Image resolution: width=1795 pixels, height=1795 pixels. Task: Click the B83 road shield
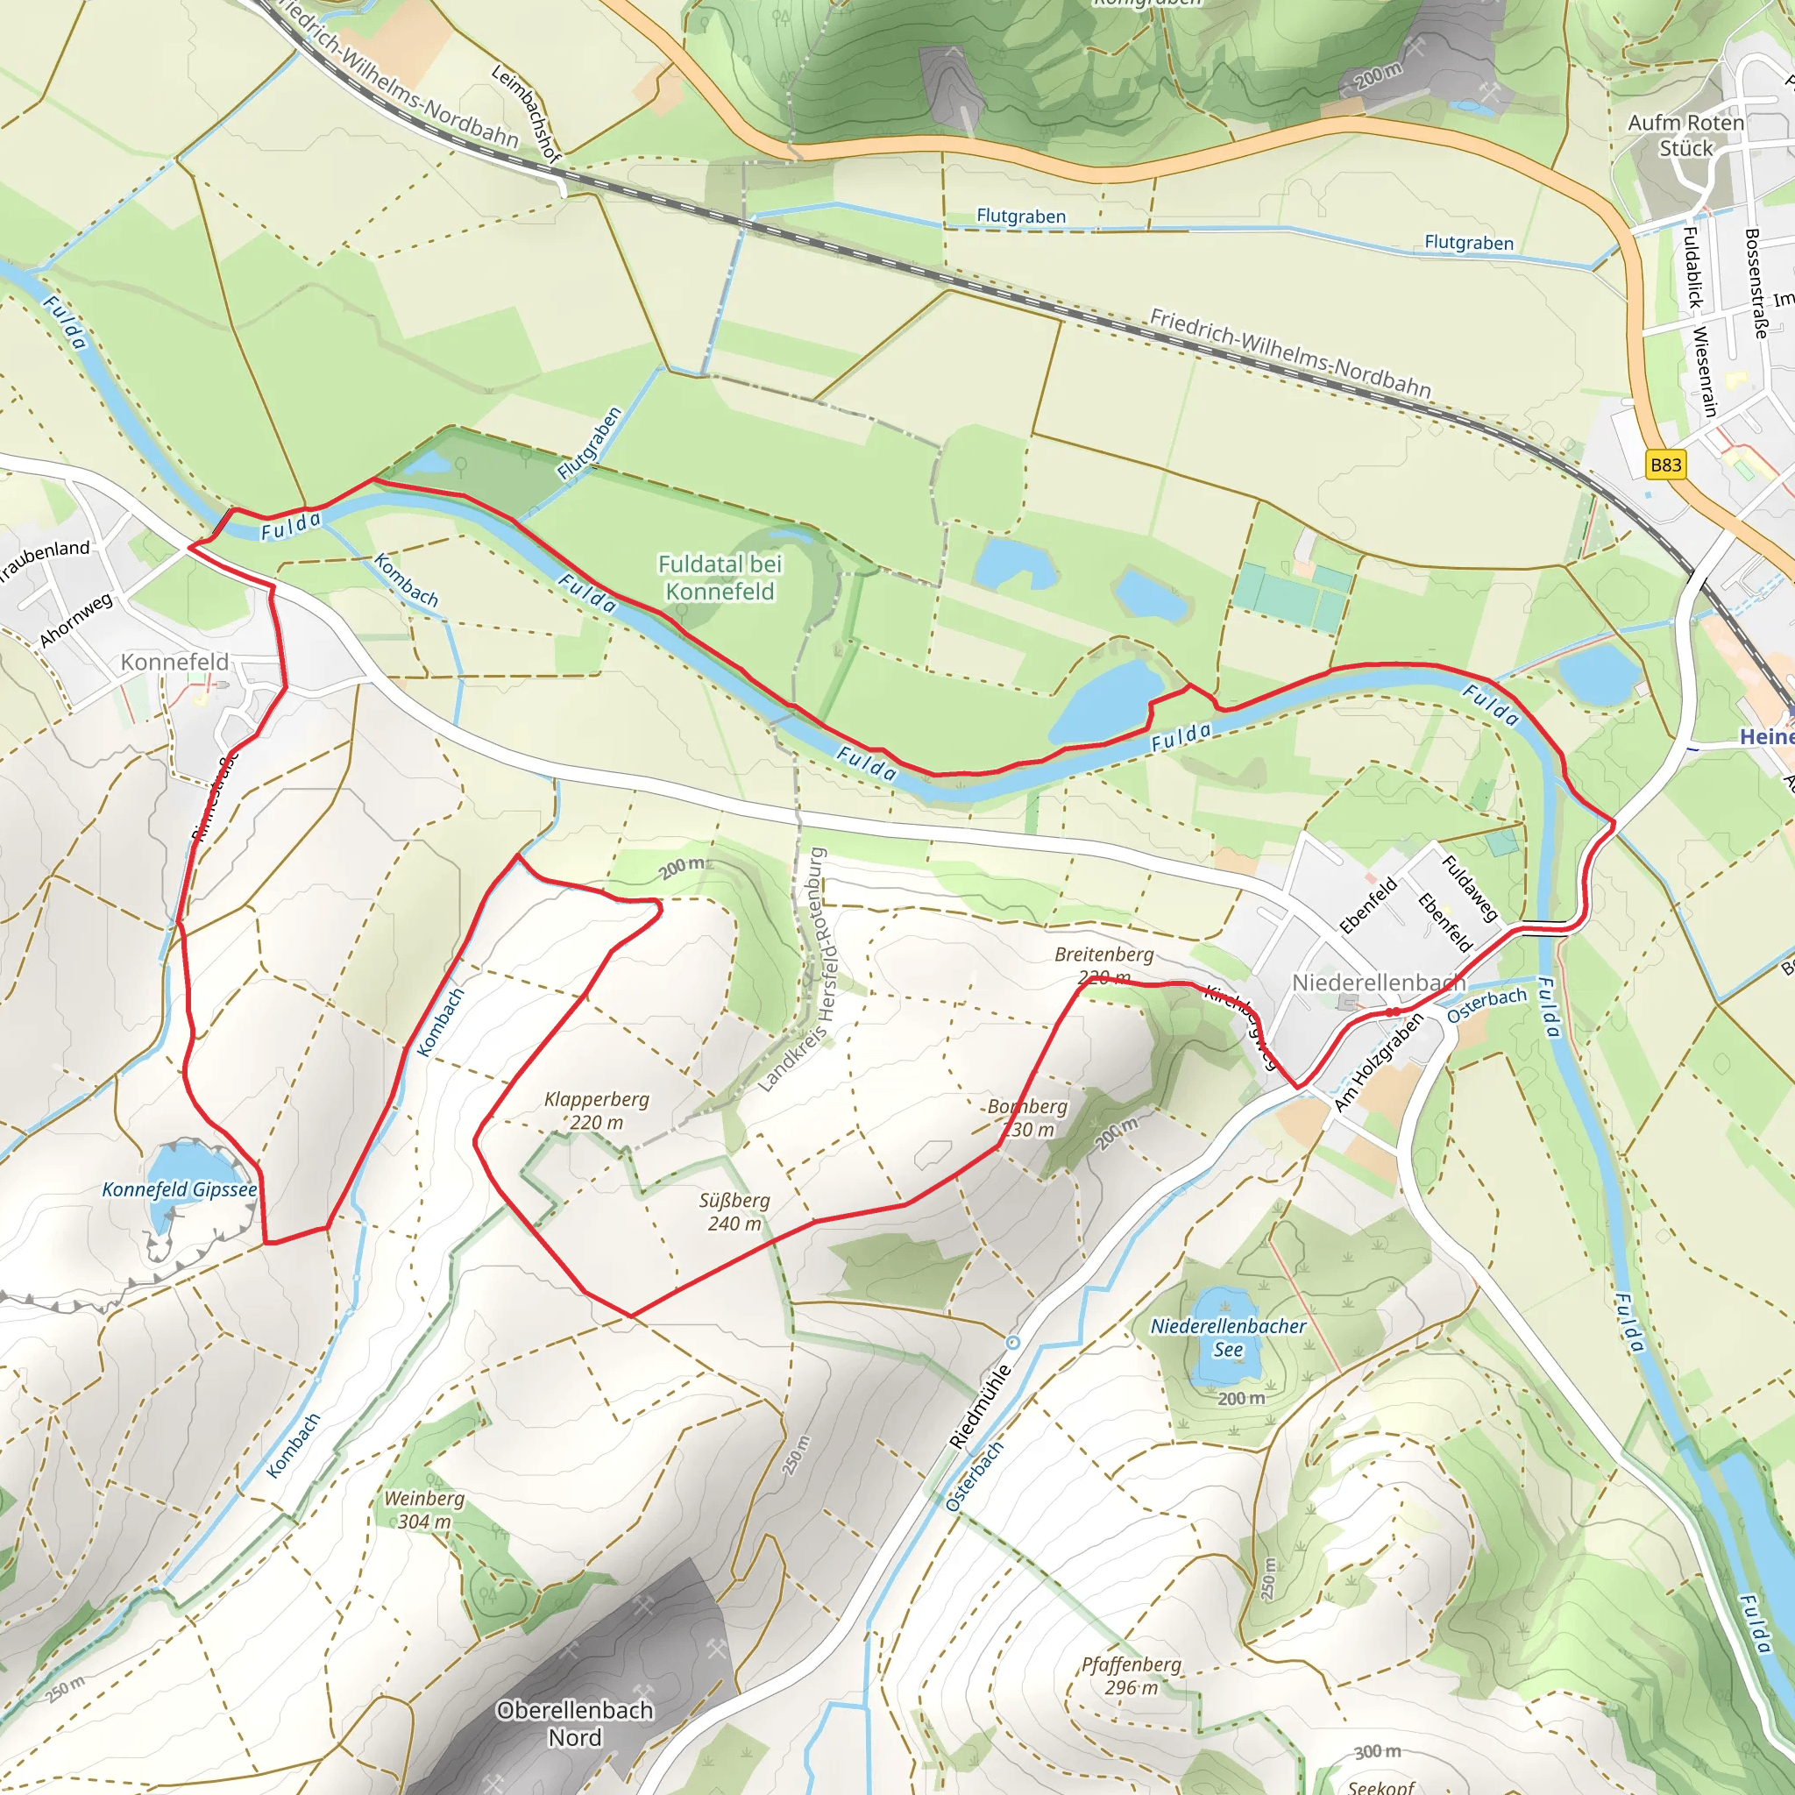pos(1665,465)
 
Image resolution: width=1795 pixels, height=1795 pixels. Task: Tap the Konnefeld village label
pos(174,663)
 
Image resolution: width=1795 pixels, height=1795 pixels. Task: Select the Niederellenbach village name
pos(1378,983)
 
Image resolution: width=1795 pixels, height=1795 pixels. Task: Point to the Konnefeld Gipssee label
pos(180,1190)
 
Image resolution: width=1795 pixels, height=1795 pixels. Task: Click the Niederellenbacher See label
pos(1228,1337)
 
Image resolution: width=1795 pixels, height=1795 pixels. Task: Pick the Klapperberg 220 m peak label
pos(597,1111)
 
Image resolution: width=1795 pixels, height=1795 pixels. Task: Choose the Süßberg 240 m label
pos(734,1212)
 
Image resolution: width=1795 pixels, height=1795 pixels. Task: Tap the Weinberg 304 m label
pos(424,1510)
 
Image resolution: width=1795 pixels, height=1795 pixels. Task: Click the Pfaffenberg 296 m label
pos(1132,1676)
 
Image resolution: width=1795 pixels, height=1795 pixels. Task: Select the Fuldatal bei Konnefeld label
pos(720,577)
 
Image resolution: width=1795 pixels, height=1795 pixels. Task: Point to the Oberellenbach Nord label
pos(575,1723)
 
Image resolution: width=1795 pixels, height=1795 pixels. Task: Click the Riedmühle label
pos(979,1407)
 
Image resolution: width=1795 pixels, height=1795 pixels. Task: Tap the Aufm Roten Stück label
pos(1685,135)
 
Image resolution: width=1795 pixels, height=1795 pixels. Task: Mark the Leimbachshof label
pos(526,113)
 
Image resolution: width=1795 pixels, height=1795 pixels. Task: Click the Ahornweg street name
pos(76,620)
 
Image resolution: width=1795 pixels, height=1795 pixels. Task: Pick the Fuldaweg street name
pos(1469,888)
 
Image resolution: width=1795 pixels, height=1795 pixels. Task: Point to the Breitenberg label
pos(1103,954)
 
